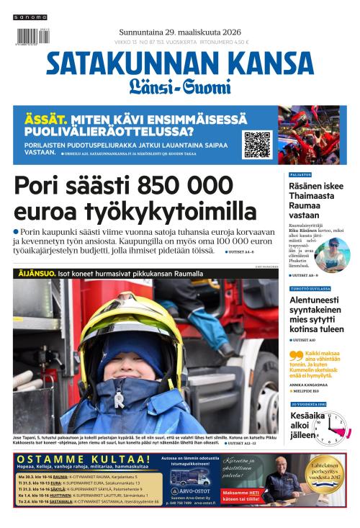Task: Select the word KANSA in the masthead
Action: [x=273, y=65]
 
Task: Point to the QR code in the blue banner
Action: [x=257, y=144]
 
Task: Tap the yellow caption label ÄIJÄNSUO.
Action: [x=35, y=274]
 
